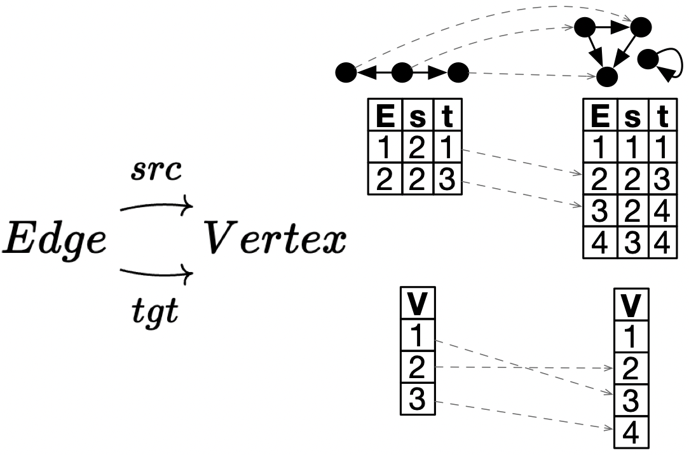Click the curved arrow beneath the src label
156,207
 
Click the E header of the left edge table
385,116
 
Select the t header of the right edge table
664,116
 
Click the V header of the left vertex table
417,305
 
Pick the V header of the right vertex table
631,305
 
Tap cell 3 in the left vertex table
417,400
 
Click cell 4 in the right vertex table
631,435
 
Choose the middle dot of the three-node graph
401,73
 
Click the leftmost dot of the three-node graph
346,73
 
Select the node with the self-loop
647,59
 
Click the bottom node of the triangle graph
608,76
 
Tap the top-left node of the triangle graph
585,27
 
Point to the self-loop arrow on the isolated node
667,66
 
